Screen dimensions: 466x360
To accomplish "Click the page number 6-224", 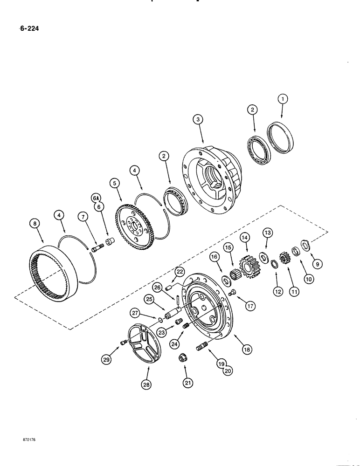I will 29,29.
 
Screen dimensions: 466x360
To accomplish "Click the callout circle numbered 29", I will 110,360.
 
